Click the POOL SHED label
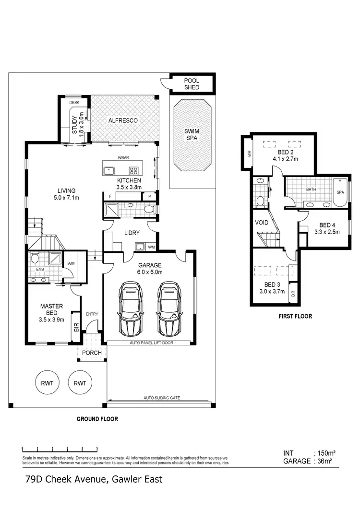[192, 84]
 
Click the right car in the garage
[168, 308]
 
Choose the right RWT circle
[80, 383]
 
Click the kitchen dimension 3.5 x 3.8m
[129, 188]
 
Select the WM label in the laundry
[152, 247]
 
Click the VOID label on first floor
[262, 223]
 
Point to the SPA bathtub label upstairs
[340, 192]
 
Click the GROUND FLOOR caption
[97, 419]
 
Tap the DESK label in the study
[74, 103]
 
